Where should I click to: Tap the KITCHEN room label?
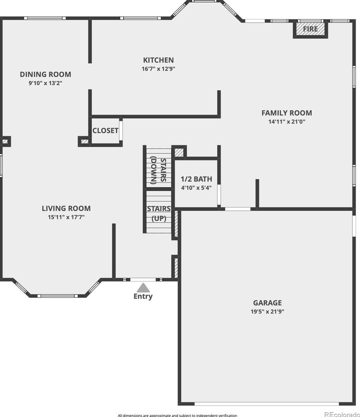tap(158, 60)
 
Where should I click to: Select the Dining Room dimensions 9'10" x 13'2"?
tap(45, 83)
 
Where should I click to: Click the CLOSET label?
tap(105, 131)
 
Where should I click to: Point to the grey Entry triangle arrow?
tap(143, 288)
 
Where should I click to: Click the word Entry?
tap(143, 297)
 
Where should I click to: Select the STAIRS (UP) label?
tap(159, 214)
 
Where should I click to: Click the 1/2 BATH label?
tap(196, 179)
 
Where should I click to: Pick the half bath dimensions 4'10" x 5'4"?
tap(196, 187)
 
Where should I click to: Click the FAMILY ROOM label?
tap(287, 113)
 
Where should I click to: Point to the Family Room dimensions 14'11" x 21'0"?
tap(287, 122)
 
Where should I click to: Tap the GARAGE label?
tap(267, 303)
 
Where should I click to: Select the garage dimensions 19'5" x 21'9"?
tap(267, 312)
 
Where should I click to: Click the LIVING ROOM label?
tap(66, 208)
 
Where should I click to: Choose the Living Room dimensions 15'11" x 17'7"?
tap(66, 217)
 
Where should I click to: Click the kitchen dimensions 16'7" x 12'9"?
tap(158, 69)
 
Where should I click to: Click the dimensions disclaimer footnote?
tap(177, 415)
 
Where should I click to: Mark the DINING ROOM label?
tap(45, 75)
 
